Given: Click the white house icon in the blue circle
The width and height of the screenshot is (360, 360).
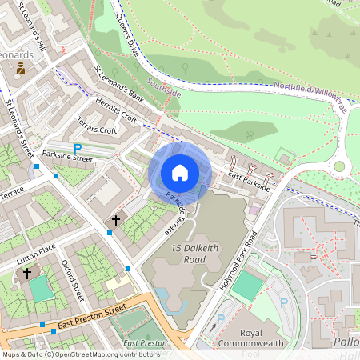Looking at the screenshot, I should (x=180, y=172).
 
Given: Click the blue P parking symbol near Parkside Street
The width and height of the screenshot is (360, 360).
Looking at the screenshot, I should (x=78, y=148).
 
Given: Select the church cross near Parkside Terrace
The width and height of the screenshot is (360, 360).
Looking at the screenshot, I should (x=115, y=219).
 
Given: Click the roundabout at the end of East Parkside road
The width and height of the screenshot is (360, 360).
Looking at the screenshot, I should (x=339, y=166).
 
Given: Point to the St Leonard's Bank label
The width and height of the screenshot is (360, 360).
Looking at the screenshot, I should (x=120, y=86).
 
